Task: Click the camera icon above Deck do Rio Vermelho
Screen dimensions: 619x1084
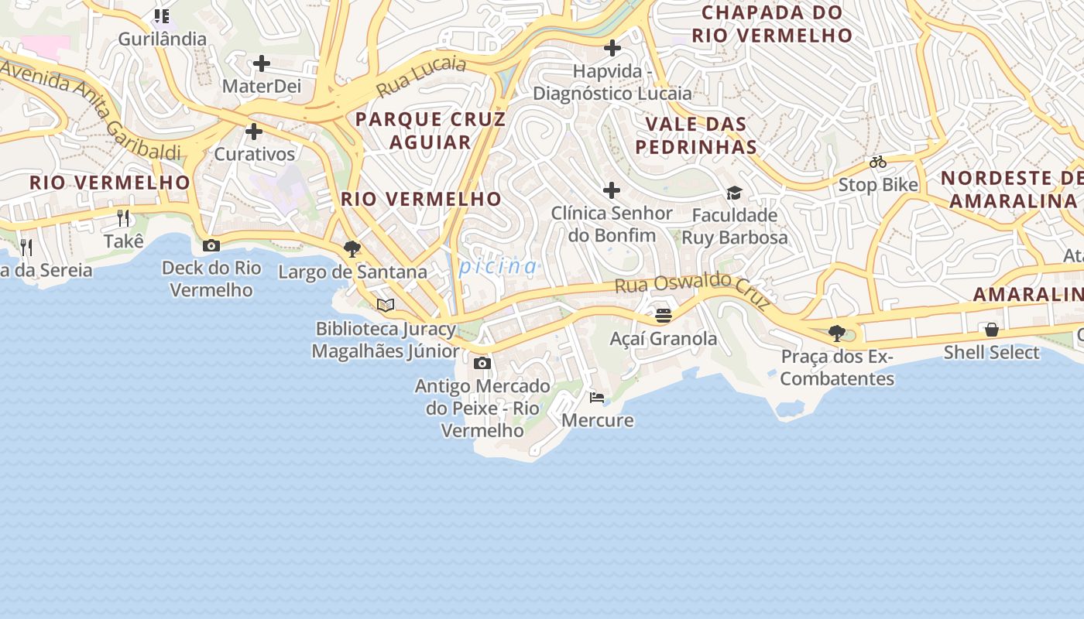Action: pos(211,246)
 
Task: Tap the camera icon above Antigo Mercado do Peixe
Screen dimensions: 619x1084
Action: pos(482,363)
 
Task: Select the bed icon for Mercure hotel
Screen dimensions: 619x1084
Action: pos(597,398)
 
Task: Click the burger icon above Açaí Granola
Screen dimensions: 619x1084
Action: pos(663,316)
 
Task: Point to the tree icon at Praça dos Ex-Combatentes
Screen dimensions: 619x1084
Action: pos(836,333)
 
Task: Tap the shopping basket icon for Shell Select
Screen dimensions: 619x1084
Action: pos(991,330)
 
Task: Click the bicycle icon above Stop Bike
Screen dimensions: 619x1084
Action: pos(877,162)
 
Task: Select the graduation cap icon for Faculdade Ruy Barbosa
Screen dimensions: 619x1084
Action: pos(734,193)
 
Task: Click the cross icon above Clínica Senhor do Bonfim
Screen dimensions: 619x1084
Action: pos(612,190)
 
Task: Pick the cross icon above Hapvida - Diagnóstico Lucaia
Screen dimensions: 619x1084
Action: pos(612,48)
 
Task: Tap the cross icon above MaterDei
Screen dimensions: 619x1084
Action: pos(262,63)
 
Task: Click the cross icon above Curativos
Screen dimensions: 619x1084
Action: pos(254,132)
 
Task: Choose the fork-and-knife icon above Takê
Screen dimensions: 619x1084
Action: pos(123,218)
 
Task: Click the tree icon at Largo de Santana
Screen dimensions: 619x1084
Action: pos(352,249)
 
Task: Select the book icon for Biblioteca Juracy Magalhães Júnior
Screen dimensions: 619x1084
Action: pos(386,305)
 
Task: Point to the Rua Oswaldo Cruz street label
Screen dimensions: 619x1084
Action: pos(693,289)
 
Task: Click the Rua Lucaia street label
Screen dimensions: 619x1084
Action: pos(422,76)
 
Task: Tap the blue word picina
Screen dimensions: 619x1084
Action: pos(498,267)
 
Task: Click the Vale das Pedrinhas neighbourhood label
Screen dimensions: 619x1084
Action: pos(696,135)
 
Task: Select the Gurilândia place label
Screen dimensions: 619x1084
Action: pos(162,39)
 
